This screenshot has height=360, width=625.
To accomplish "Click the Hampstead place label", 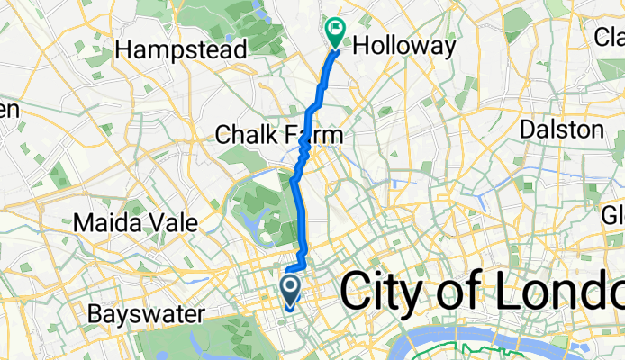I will tap(187, 50).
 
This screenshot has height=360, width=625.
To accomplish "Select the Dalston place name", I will tap(563, 130).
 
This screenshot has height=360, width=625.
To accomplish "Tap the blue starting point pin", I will tap(291, 291).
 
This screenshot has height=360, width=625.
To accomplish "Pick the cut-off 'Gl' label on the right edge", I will tap(613, 216).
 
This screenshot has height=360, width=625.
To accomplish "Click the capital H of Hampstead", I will tap(136, 50).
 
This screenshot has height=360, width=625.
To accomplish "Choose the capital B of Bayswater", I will tap(95, 315).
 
